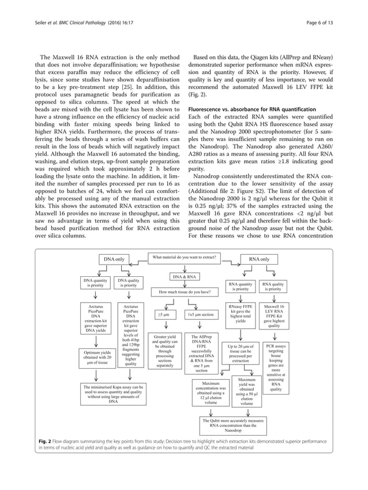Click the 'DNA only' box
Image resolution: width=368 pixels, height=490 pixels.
coord(115,259)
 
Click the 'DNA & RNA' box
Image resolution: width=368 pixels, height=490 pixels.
coord(184,277)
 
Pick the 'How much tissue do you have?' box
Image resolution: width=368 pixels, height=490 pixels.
coord(184,292)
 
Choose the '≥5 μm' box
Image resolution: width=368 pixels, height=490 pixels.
coord(163,314)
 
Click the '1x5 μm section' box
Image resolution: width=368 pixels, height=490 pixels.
coord(200,314)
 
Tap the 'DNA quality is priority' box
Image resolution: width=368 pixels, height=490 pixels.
coord(130,283)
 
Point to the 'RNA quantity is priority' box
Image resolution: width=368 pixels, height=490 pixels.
coord(241,286)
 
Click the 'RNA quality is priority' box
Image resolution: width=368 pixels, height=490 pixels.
coord(275,286)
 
